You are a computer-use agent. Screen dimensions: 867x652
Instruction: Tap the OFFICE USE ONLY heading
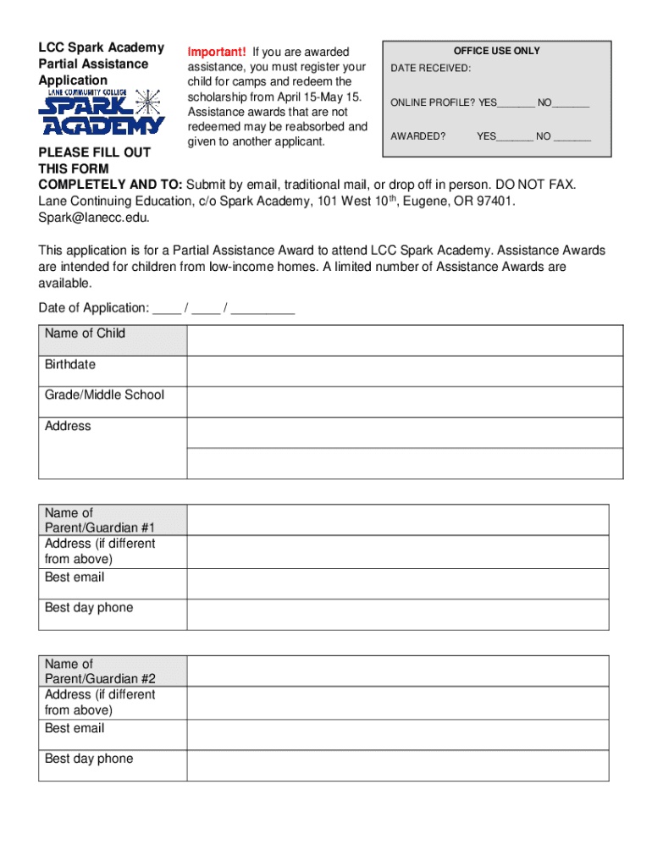(496, 51)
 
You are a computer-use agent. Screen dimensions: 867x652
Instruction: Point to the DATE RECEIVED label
(431, 69)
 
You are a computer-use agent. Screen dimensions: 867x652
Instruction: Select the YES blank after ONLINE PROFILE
(516, 104)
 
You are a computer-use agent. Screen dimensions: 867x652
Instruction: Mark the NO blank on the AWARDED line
(572, 137)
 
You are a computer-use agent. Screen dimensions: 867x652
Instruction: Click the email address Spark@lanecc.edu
(93, 218)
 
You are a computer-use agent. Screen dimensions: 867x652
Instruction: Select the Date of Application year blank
(262, 309)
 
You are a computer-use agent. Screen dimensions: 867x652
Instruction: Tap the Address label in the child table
(68, 427)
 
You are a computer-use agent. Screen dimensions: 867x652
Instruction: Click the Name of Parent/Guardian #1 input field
(397, 520)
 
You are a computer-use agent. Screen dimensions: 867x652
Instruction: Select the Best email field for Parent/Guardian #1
(397, 584)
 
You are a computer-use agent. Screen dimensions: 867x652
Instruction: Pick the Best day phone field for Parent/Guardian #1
(397, 615)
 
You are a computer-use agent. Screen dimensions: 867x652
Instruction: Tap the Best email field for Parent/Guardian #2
(397, 735)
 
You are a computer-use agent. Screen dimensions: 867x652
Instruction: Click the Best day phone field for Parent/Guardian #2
(397, 765)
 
